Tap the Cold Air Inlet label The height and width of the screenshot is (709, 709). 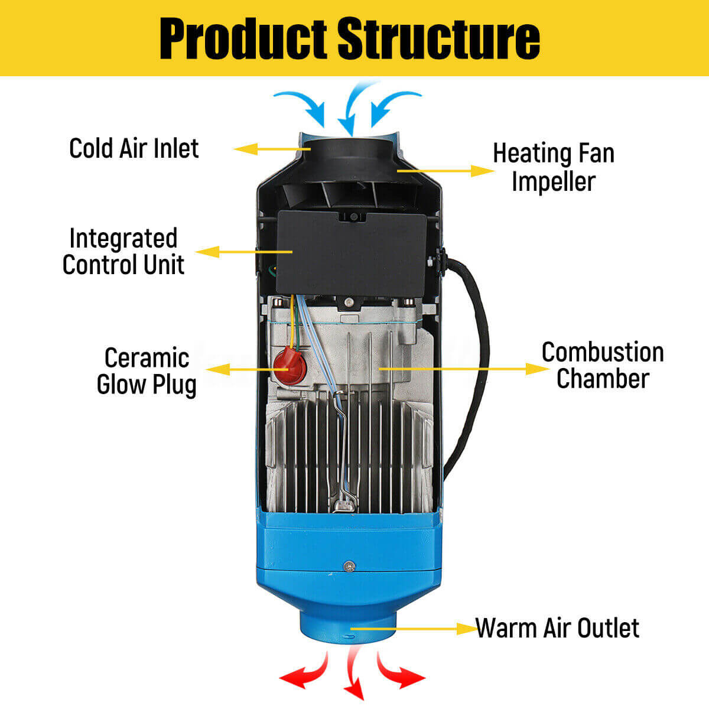pos(134,148)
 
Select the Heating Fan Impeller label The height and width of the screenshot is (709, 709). pos(554,167)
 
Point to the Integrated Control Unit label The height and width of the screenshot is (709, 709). pos(123,251)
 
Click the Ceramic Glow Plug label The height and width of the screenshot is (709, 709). pos(146,371)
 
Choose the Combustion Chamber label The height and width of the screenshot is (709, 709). pos(602,365)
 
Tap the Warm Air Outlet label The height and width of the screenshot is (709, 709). pos(557,628)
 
